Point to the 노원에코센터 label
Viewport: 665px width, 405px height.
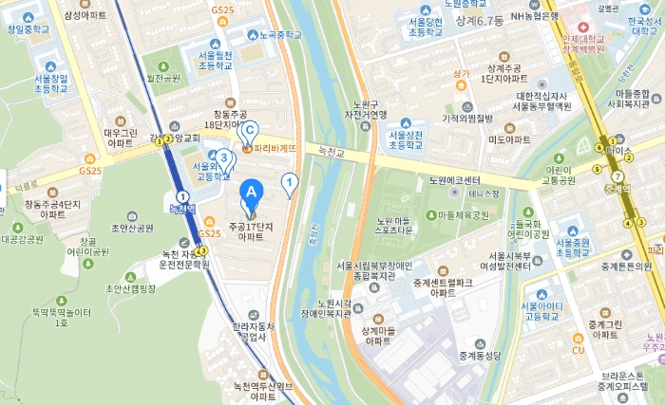[x=454, y=180]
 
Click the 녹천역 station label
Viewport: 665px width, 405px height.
[x=182, y=208]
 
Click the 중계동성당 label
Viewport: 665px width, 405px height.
[x=479, y=357]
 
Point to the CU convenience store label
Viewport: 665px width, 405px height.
[x=578, y=350]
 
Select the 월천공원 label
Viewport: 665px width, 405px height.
[x=162, y=78]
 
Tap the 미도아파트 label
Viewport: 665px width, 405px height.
[x=509, y=139]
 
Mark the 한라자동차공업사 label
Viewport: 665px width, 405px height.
[x=259, y=331]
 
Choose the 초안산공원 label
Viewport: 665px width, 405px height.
[x=132, y=228]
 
